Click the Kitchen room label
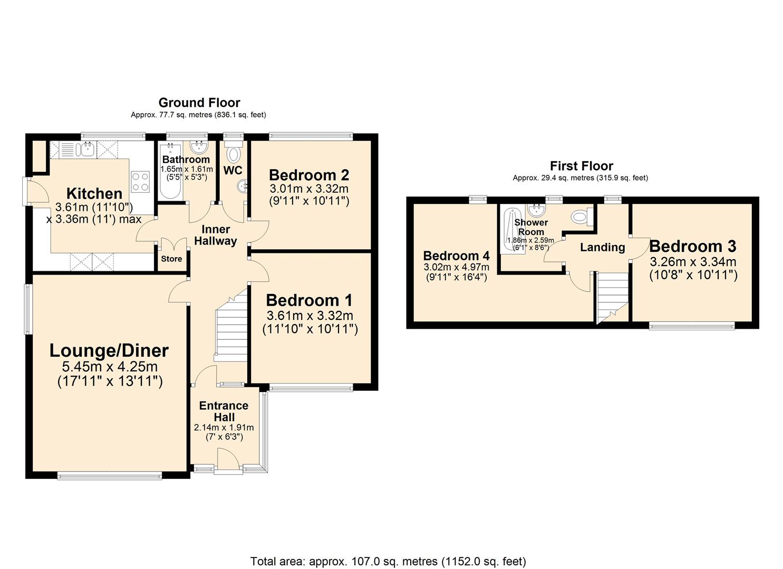[94, 193]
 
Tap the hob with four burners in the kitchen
[141, 182]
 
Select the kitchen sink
[86, 150]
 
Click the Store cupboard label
[171, 259]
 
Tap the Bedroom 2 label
[309, 175]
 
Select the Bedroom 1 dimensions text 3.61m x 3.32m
[310, 316]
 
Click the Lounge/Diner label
[109, 350]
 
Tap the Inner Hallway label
[216, 235]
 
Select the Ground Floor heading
[199, 103]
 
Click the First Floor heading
[582, 166]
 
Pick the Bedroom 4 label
[456, 256]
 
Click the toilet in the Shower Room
[581, 216]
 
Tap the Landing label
[602, 247]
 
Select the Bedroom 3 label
[693, 246]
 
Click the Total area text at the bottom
[388, 561]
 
